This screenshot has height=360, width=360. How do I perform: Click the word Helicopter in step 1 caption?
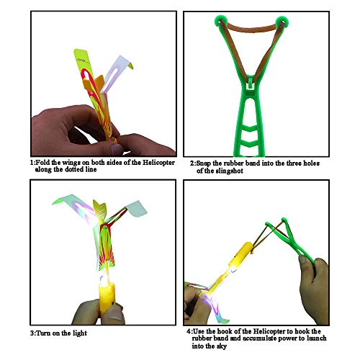pyautogui.click(x=158, y=163)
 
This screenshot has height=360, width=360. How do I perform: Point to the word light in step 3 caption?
pyautogui.click(x=78, y=333)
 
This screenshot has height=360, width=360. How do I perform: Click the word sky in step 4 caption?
pyautogui.click(x=221, y=346)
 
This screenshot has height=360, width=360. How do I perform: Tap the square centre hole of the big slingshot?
pyautogui.click(x=250, y=86)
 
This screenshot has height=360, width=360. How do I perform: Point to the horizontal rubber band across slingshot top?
pyautogui.click(x=251, y=29)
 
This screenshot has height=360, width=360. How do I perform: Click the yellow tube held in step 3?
pyautogui.click(x=107, y=298)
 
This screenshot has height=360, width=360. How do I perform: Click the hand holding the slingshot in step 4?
pyautogui.click(x=313, y=283)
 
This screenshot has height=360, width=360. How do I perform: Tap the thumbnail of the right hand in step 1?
pyautogui.click(x=117, y=149)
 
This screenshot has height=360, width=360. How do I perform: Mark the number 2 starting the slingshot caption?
pyautogui.click(x=192, y=163)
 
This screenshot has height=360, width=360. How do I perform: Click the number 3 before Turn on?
pyautogui.click(x=32, y=333)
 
